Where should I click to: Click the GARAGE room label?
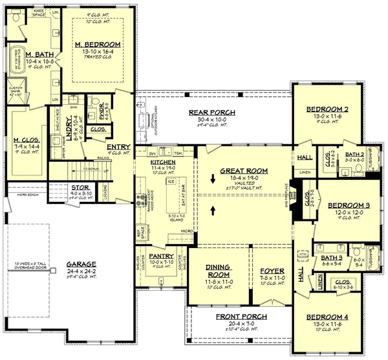[x=81, y=264]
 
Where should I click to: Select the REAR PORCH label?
[x=211, y=112]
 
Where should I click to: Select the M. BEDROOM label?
[x=94, y=43]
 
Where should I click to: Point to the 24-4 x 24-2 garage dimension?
[x=81, y=271]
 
